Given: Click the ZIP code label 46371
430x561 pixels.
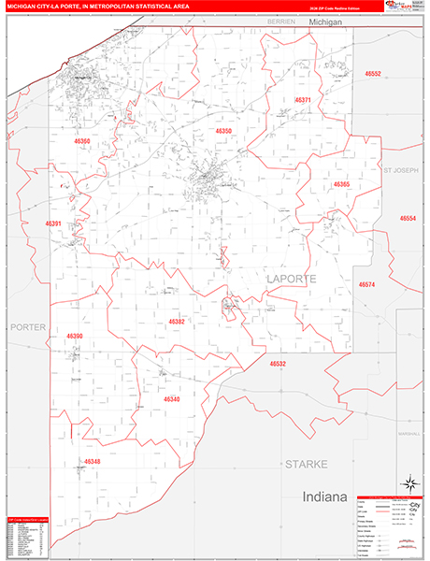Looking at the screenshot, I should click(303, 99).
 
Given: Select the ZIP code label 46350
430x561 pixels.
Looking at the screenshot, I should click(223, 131).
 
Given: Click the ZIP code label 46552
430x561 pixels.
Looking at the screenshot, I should click(373, 73).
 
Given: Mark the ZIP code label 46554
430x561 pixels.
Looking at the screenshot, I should click(408, 218).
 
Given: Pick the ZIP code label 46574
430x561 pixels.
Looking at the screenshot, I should click(366, 284).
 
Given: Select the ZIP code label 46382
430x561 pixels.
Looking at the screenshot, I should click(177, 321).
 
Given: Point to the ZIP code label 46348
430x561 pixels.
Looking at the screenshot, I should click(92, 461).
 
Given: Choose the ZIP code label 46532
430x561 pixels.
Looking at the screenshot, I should click(278, 364).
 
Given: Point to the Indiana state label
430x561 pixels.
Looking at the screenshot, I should click(323, 496).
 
